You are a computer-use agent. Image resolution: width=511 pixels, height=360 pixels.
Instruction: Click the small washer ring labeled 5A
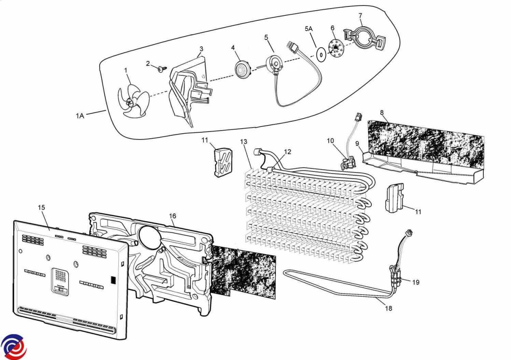(x=322, y=54)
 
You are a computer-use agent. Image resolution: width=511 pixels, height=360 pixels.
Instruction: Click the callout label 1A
(x=80, y=116)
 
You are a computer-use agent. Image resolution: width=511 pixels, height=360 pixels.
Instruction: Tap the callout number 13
(x=244, y=141)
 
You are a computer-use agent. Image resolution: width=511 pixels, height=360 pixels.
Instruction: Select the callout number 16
(x=172, y=216)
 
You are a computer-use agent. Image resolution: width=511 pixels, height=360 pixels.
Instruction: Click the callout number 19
(x=416, y=282)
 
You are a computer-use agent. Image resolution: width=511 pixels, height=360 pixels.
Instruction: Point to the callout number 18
(x=388, y=308)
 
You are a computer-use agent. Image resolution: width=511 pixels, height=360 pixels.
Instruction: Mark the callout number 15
(x=41, y=207)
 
